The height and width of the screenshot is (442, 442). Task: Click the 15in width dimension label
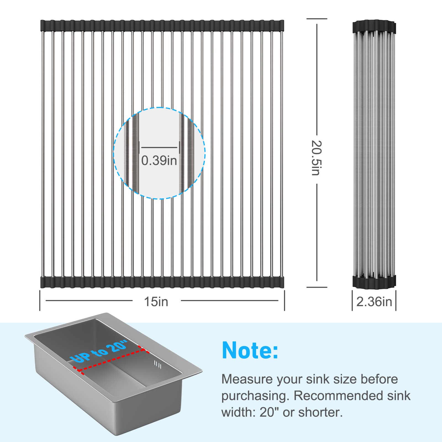tap(156, 302)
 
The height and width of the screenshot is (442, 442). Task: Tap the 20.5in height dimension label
tap(317, 158)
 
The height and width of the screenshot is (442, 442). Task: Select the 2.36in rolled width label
tap(374, 302)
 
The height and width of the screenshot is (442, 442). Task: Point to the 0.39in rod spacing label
tap(159, 161)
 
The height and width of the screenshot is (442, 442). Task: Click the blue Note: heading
tap(250, 350)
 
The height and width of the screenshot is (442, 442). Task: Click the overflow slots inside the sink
tap(157, 365)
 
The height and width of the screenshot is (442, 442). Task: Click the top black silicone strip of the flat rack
tap(162, 25)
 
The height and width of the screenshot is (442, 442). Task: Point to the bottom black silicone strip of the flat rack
tap(162, 282)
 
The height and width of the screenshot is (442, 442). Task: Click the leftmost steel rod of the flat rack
tap(43, 155)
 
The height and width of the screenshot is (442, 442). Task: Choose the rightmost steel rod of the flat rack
tap(281, 155)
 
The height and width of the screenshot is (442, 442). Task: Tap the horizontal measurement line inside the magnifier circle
tap(159, 148)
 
